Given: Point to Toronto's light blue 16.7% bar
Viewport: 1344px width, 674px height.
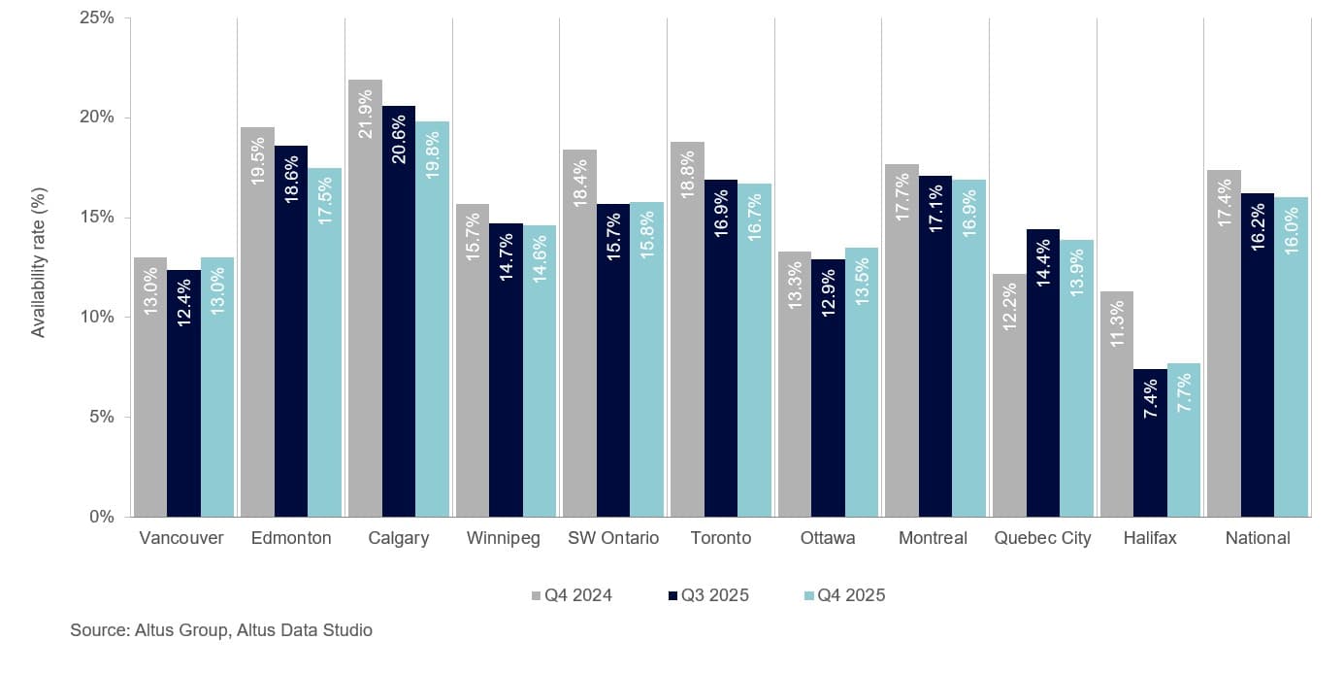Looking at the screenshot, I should [x=755, y=350].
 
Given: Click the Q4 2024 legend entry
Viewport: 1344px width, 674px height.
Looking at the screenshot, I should [x=572, y=595].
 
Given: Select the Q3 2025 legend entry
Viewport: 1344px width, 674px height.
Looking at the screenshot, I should [x=708, y=595].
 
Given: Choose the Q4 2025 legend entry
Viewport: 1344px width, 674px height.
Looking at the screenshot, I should [x=844, y=595].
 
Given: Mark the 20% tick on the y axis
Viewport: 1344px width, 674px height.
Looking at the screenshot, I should [x=94, y=118].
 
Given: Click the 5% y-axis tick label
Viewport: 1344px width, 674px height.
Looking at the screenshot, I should [x=99, y=417].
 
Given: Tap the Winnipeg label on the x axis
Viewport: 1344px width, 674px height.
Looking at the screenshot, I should [x=503, y=538].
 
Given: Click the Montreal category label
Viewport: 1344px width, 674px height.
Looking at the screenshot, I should [x=933, y=538].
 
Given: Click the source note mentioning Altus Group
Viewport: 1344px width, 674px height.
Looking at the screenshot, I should [x=221, y=630].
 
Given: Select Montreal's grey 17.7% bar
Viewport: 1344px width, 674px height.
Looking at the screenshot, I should [x=901, y=340].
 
